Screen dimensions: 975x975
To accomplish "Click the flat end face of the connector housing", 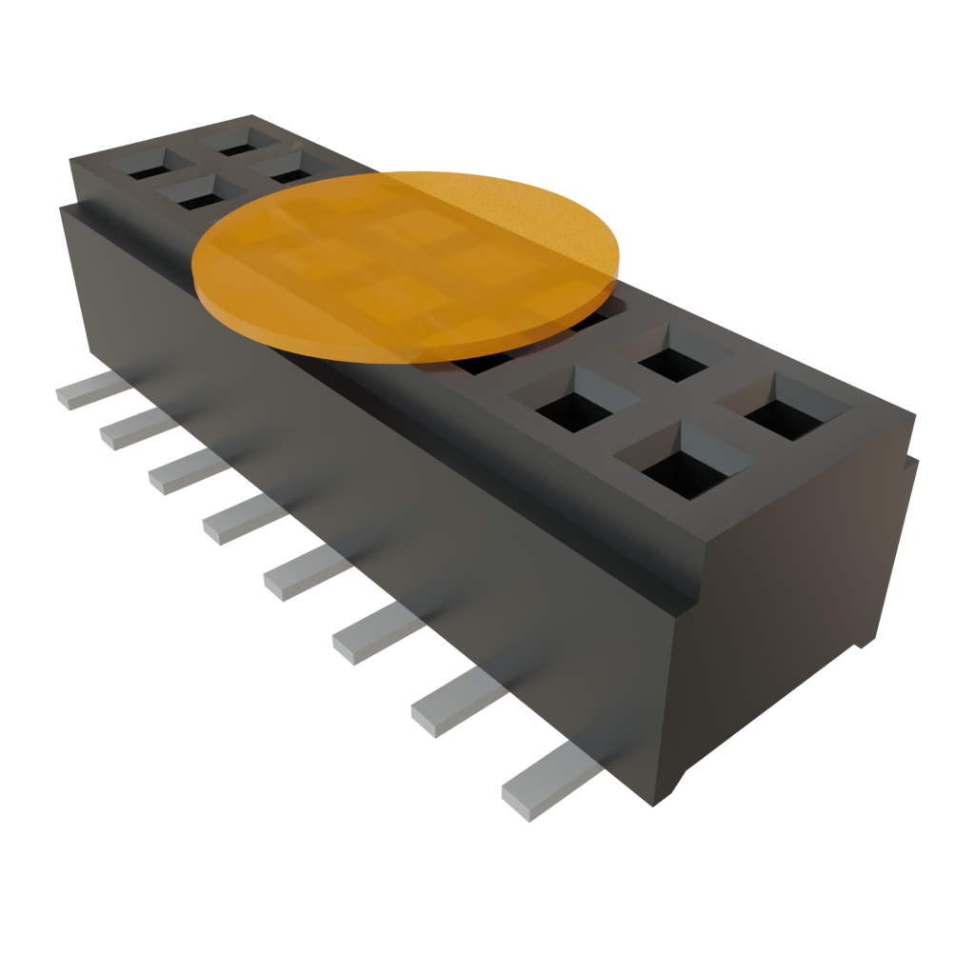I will coord(790,609).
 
